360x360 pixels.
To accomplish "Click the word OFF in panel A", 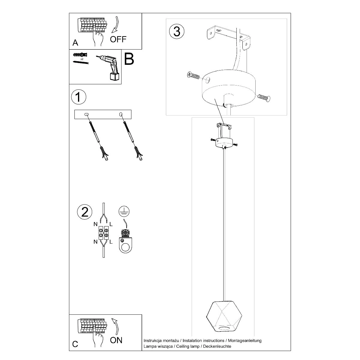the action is click(118, 39).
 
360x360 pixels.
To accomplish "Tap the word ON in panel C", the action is click(116, 340).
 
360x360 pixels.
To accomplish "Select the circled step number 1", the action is click(79, 97).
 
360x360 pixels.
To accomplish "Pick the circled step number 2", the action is click(85, 212).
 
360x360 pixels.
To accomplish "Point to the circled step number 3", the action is click(176, 31).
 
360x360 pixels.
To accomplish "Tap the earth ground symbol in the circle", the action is click(124, 211).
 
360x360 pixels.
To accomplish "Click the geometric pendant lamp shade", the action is click(224, 316).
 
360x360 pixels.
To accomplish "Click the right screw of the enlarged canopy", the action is click(264, 97).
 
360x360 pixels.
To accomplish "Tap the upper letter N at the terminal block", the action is click(95, 224).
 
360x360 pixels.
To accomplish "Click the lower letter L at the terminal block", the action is click(111, 242).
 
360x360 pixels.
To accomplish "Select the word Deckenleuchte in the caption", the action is click(217, 346).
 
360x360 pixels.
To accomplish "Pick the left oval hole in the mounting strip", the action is click(86, 114).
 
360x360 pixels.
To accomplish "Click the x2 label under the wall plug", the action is click(82, 59).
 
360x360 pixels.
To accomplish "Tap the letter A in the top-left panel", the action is click(75, 43).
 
